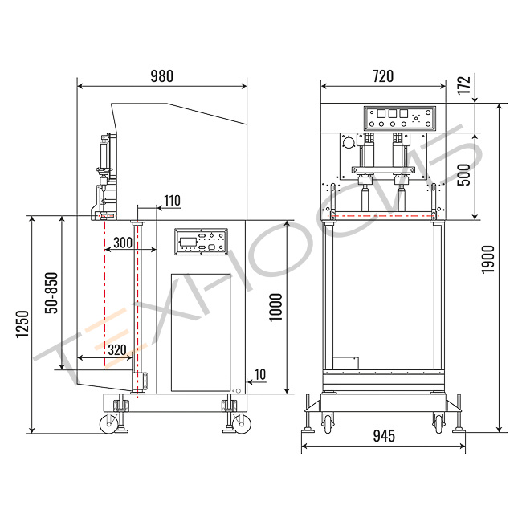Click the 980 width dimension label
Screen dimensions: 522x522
click(161, 76)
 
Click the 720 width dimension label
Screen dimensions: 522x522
click(383, 76)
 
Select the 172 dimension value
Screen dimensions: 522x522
click(463, 85)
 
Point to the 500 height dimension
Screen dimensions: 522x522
click(463, 174)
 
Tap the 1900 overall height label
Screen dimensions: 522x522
click(488, 259)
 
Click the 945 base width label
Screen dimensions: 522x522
click(384, 436)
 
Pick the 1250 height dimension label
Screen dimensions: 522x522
click(22, 324)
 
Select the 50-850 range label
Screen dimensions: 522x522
click(51, 293)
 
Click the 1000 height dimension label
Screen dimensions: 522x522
click(275, 308)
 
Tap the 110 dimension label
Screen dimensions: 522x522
click(172, 201)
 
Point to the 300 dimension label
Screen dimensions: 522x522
click(123, 243)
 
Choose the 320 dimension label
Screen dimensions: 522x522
click(117, 350)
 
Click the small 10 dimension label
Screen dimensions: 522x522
click(260, 374)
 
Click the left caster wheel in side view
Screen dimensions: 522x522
click(109, 424)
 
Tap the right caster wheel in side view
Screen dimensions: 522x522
click(242, 424)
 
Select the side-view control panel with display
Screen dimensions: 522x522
click(201, 242)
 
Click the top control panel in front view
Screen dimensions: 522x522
click(399, 119)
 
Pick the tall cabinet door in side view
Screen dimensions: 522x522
click(201, 332)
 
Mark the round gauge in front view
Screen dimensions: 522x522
click(349, 143)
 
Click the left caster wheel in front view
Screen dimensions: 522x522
click(328, 423)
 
